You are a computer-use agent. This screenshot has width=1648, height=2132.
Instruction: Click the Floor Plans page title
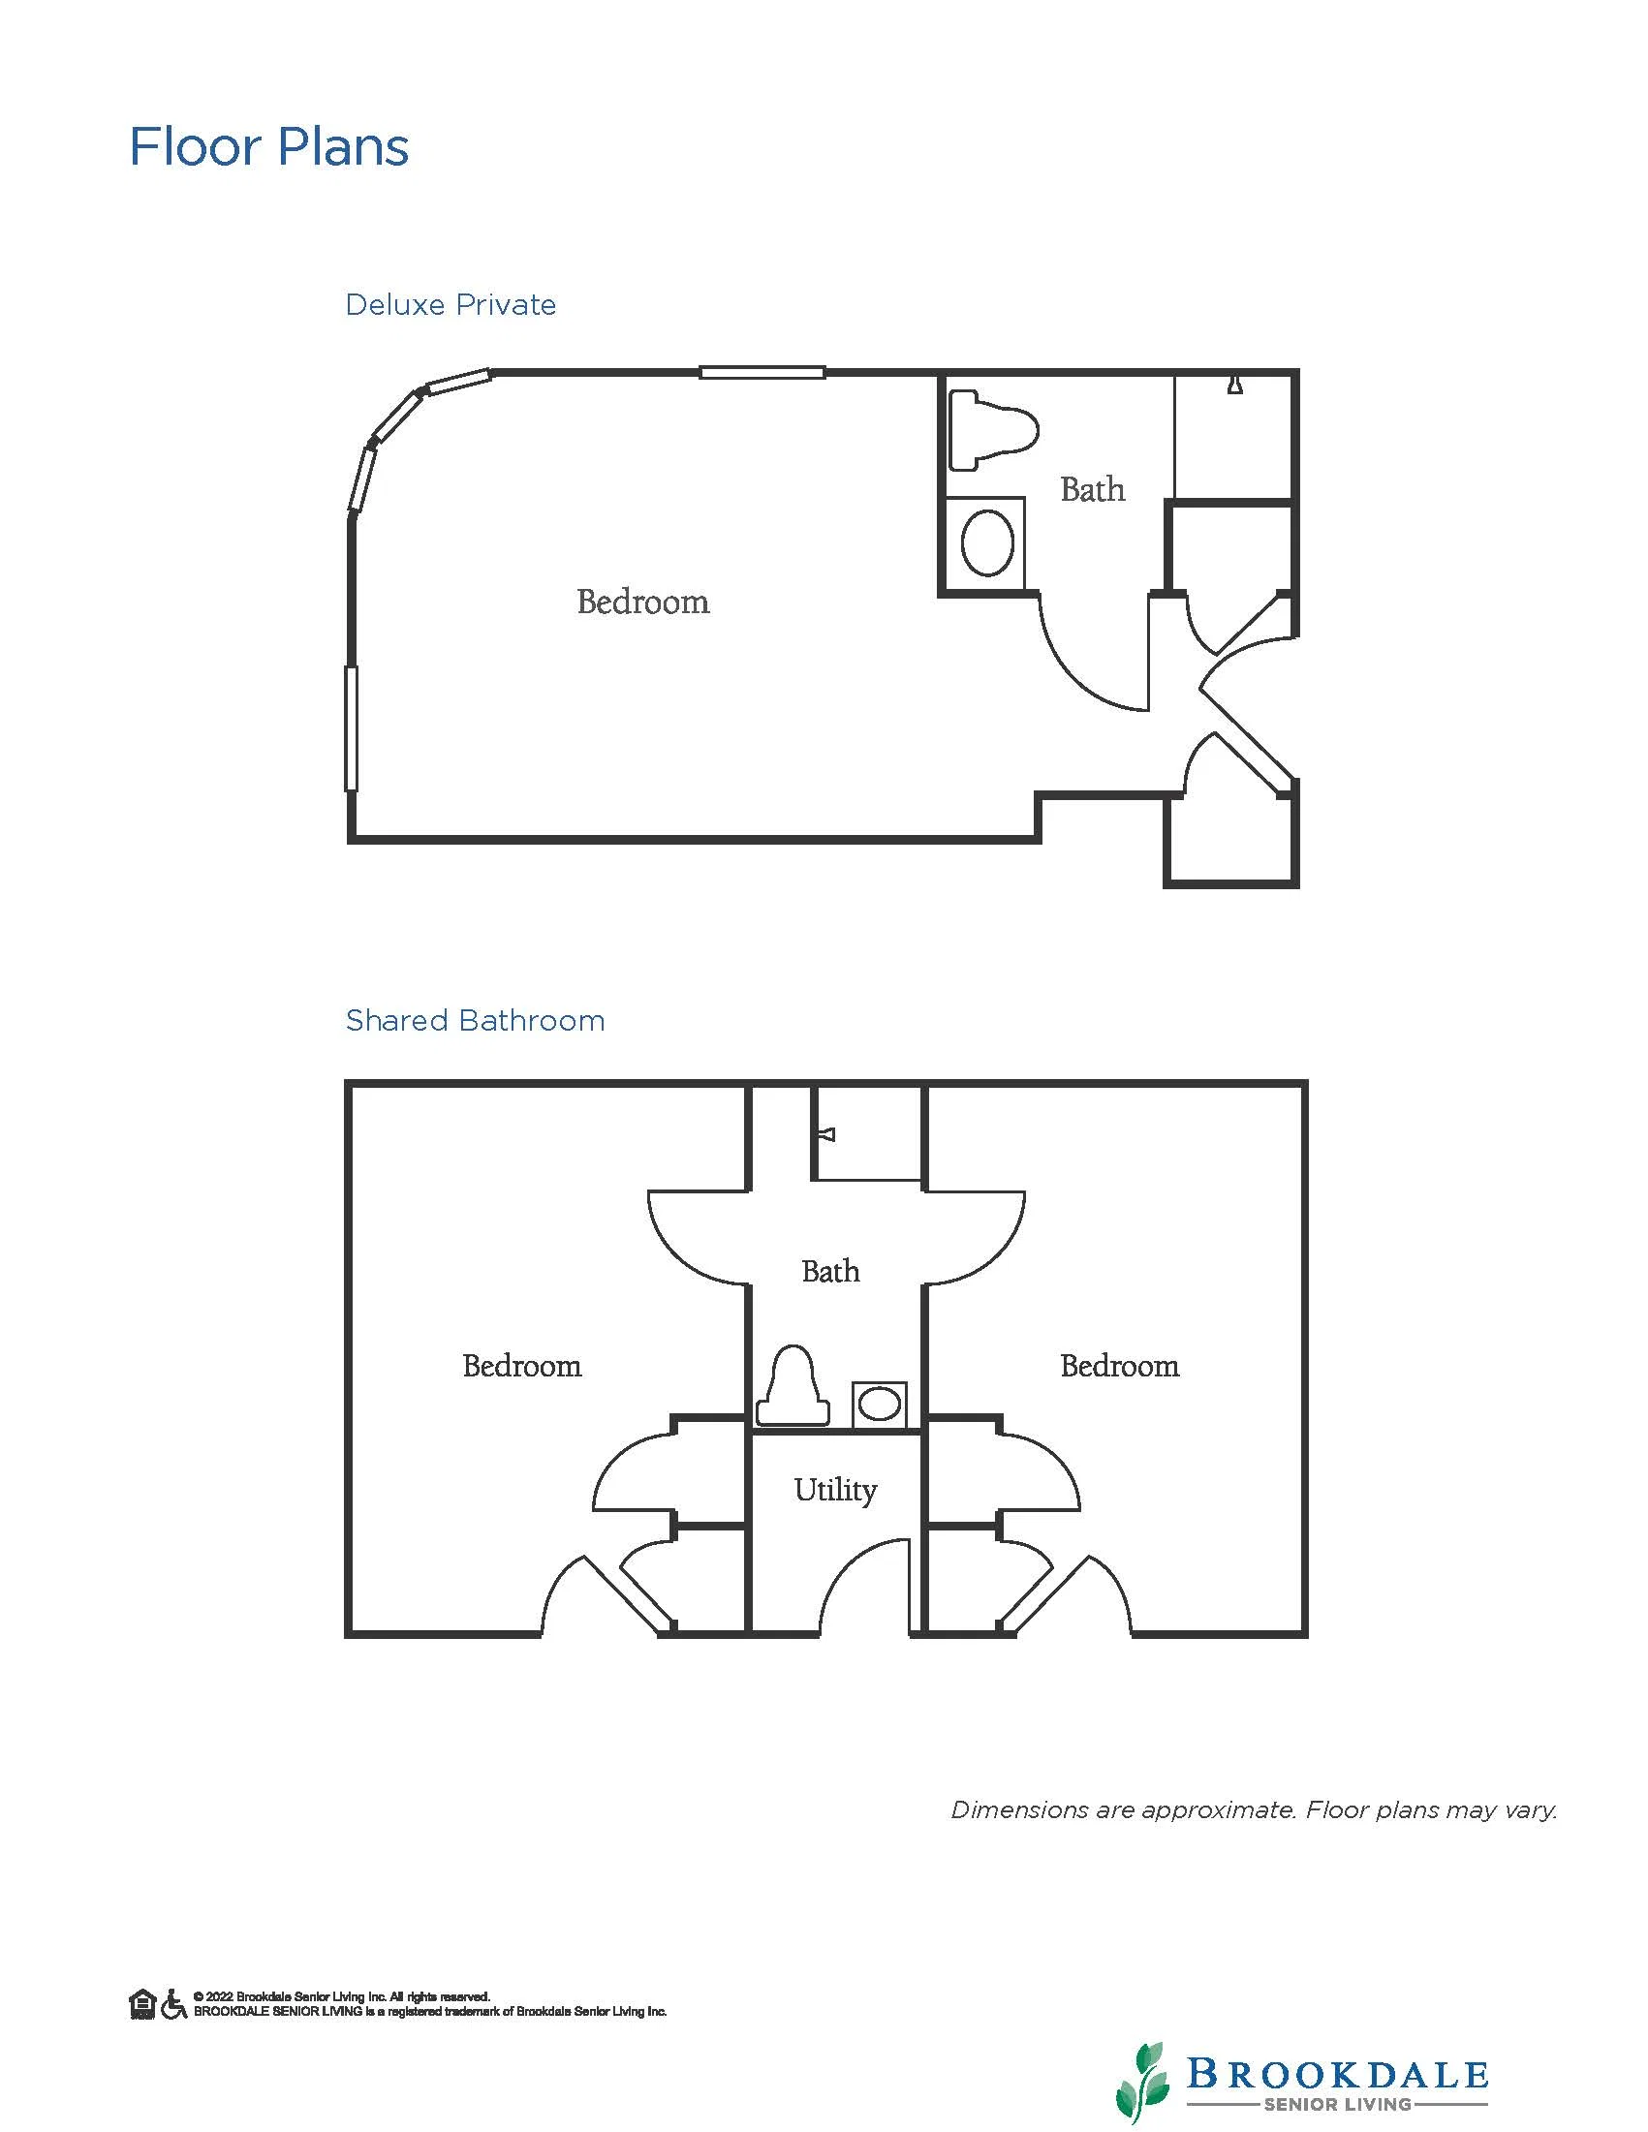pos(268,147)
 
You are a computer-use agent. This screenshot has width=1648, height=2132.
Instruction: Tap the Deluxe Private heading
pos(451,304)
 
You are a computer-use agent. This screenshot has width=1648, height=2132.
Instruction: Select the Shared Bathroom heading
pos(476,1020)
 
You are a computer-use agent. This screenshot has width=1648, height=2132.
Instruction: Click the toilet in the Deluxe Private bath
pos(992,429)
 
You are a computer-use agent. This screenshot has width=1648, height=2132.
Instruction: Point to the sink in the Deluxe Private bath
pos(986,542)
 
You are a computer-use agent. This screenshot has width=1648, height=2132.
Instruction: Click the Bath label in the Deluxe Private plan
pos(1093,489)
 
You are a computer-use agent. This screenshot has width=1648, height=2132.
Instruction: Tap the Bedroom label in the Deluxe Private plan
pos(642,602)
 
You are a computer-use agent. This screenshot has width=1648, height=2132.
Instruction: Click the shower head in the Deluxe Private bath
pos(1235,385)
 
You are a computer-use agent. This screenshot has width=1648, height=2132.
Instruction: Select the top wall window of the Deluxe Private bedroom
pos(762,372)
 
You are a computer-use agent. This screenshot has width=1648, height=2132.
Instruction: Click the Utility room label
pos(835,1490)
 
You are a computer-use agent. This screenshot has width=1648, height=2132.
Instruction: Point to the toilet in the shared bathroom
pos(793,1385)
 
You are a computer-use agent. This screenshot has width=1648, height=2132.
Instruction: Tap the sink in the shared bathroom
pos(879,1405)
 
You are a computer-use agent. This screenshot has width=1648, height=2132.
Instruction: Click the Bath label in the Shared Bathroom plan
pos(830,1271)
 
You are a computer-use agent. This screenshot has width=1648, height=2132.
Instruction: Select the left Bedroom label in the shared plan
pos(521,1366)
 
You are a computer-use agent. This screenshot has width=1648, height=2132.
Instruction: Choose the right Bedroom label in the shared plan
pos(1119,1366)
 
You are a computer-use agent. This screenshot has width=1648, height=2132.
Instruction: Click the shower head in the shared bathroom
pos(827,1134)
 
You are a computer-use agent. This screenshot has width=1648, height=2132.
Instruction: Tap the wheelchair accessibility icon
pos(173,2004)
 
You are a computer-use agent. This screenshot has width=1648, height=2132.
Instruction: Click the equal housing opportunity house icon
pos(142,2004)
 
